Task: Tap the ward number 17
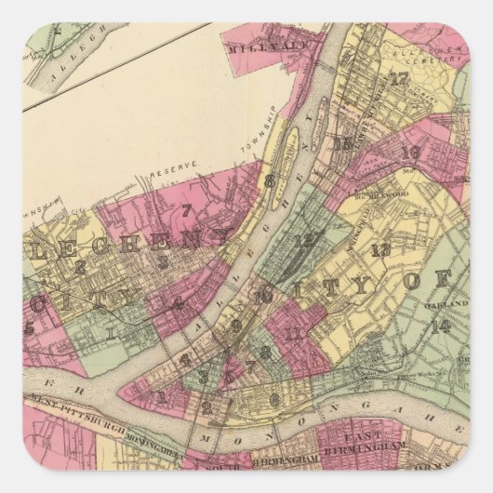[399, 79]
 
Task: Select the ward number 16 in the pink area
[408, 153]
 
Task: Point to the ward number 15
[344, 143]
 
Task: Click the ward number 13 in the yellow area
[380, 249]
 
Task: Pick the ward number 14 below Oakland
[441, 326]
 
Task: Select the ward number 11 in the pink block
[295, 332]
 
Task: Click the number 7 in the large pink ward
[185, 211]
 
